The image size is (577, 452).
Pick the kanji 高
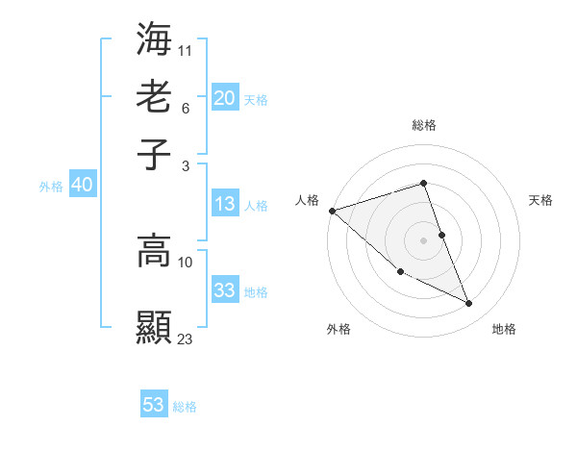point(155,252)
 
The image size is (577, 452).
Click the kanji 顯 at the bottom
point(155,326)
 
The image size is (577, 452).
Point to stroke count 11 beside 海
point(186,49)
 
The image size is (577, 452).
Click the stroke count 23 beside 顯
point(186,338)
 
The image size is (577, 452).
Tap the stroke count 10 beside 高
point(186,262)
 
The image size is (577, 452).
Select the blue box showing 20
point(224,98)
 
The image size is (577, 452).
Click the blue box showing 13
point(224,204)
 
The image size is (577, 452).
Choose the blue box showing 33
point(224,290)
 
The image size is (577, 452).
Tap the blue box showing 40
point(82,185)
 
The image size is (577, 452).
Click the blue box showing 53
point(154,405)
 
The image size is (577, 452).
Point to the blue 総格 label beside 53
point(185,407)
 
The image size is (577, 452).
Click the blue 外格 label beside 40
point(51,187)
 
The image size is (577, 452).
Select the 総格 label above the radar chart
point(423,125)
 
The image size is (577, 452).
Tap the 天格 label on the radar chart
point(541,200)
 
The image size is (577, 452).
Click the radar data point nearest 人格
point(332,210)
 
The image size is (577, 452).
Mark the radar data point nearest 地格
point(469,304)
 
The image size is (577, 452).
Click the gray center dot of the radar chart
point(423,239)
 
